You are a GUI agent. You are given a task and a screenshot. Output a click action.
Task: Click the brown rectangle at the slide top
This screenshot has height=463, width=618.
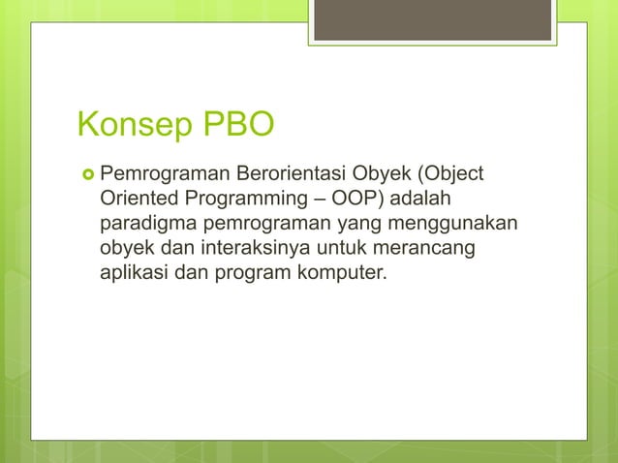coord(433,20)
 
